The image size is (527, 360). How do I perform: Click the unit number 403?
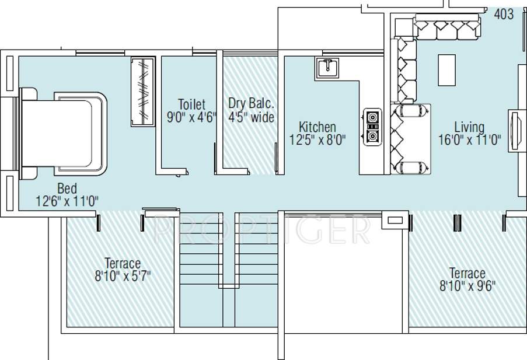[x=504, y=13]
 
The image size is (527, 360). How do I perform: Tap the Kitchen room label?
[x=317, y=127]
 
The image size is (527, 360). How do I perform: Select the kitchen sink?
[x=329, y=68]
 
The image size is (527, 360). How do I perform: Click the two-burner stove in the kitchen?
[x=371, y=126]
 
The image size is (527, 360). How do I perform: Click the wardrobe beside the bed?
[x=142, y=92]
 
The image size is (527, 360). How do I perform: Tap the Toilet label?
[x=191, y=104]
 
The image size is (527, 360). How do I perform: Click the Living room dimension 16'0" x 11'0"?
[x=469, y=139]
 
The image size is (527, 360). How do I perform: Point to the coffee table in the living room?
[x=446, y=70]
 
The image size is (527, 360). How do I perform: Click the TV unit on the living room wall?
[x=515, y=131]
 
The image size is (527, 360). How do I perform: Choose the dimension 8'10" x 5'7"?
[x=123, y=276]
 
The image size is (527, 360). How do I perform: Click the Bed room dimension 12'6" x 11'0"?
[x=67, y=201]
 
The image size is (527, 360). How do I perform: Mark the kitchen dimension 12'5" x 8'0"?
[x=317, y=139]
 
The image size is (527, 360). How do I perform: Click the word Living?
[x=469, y=127]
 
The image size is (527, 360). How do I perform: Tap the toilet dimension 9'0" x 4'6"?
[x=191, y=117]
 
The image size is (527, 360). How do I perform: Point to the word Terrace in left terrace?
[x=123, y=263]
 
